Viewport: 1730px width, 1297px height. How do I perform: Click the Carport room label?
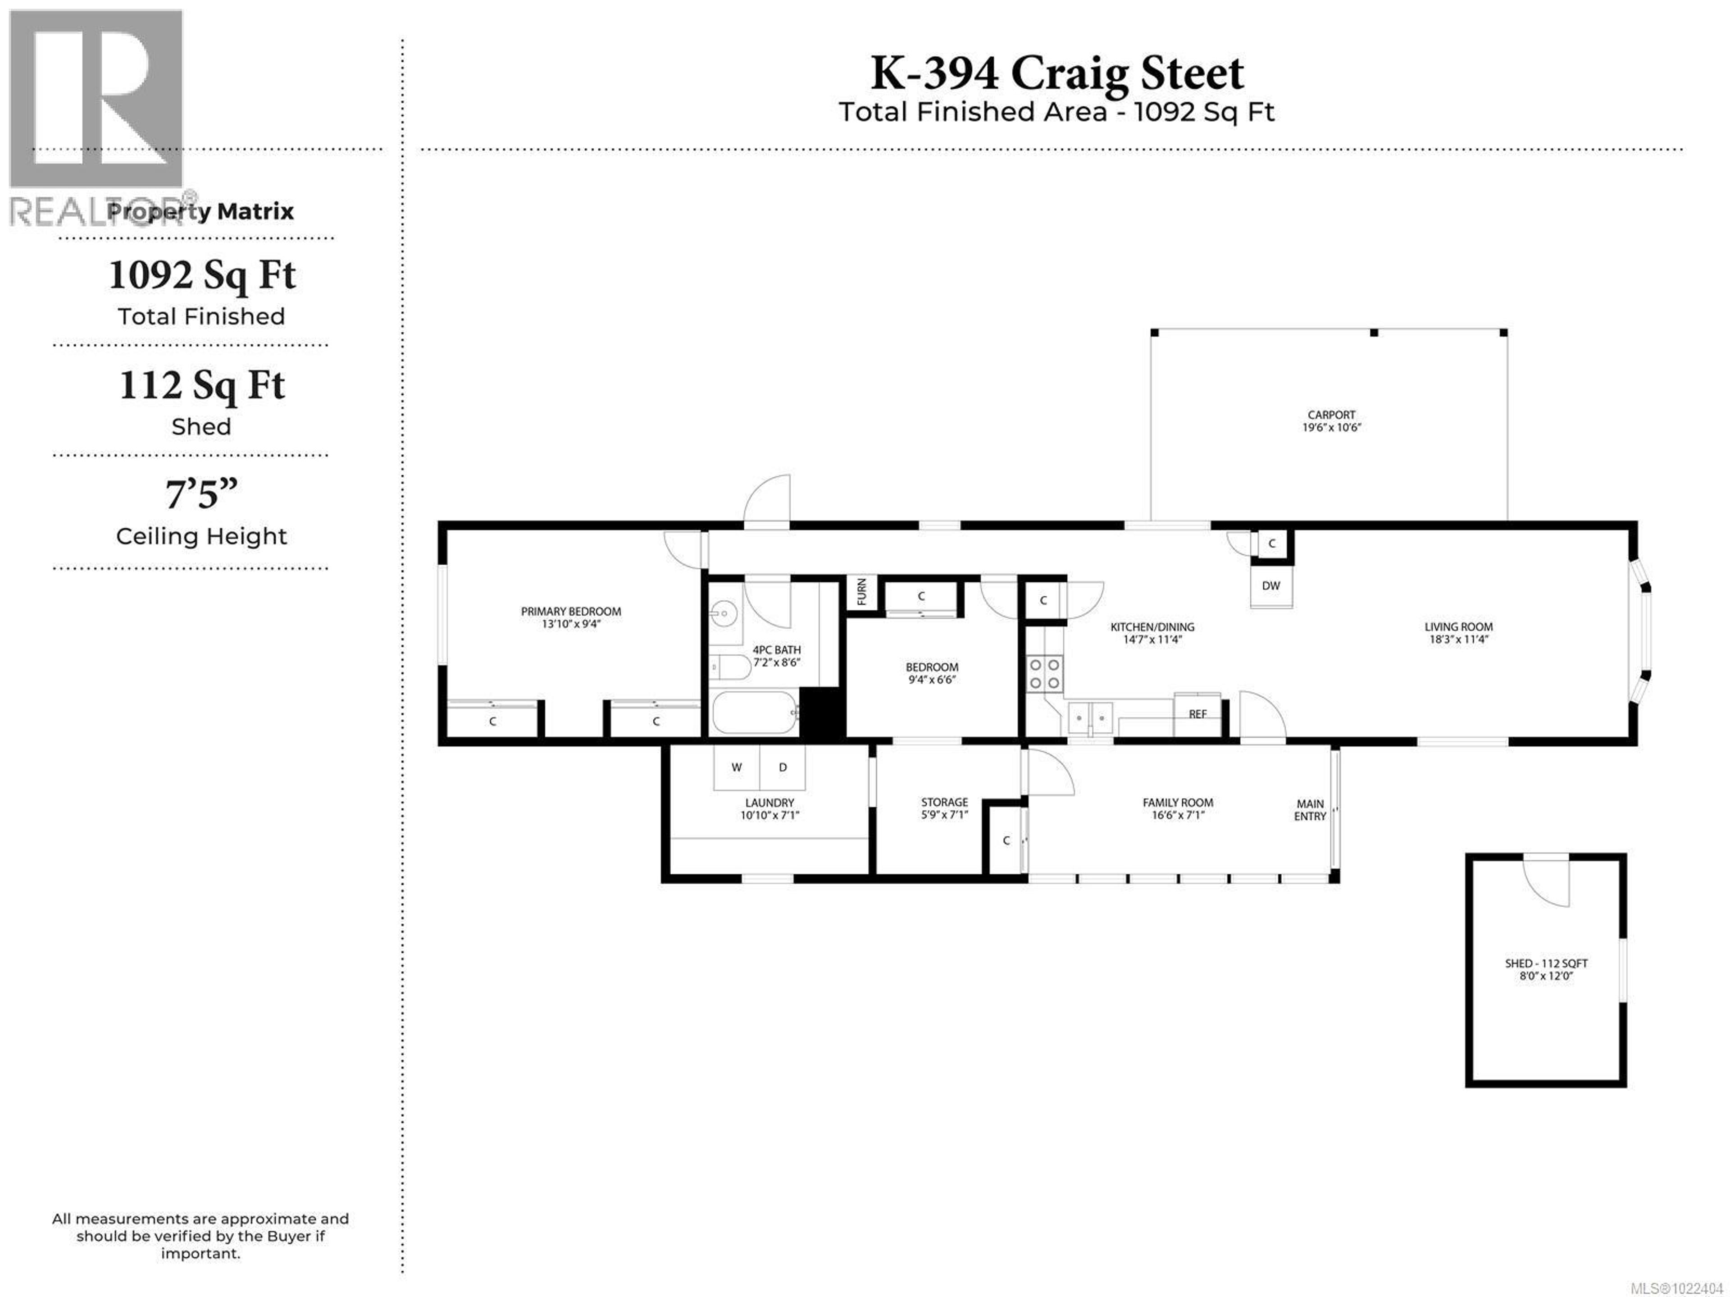(x=1331, y=415)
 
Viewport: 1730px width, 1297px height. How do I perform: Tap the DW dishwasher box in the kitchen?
(x=1271, y=586)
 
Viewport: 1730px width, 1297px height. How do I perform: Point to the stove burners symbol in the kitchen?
(x=1044, y=674)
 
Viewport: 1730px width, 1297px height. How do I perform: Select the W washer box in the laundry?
(x=736, y=767)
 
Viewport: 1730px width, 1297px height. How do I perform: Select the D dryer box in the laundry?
(x=782, y=767)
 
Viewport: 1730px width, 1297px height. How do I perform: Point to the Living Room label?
(x=1458, y=626)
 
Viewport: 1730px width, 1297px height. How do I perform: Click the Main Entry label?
(x=1310, y=810)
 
